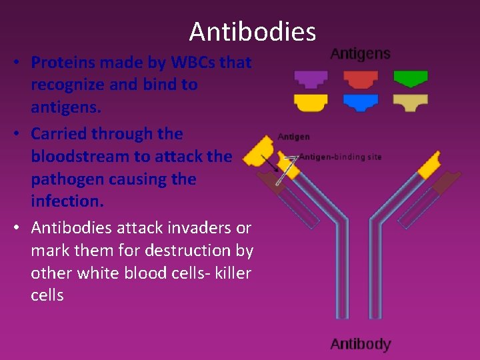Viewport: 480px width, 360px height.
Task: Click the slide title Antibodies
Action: click(x=252, y=31)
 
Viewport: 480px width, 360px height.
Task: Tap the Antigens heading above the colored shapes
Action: click(x=360, y=53)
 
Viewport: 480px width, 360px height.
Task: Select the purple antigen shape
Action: click(x=311, y=79)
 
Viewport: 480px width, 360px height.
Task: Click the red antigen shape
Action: click(x=361, y=79)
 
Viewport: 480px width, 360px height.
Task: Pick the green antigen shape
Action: click(x=411, y=79)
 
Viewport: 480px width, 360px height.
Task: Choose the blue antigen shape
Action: click(x=361, y=103)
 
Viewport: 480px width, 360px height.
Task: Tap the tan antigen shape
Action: click(x=411, y=103)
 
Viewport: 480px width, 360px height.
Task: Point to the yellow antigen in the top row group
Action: click(x=311, y=103)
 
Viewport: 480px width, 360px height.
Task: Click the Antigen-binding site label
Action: click(x=341, y=157)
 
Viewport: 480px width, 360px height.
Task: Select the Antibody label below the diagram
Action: click(x=360, y=344)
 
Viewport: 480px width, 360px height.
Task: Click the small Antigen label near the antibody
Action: click(x=293, y=137)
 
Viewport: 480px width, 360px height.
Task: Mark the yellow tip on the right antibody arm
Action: click(x=430, y=163)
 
